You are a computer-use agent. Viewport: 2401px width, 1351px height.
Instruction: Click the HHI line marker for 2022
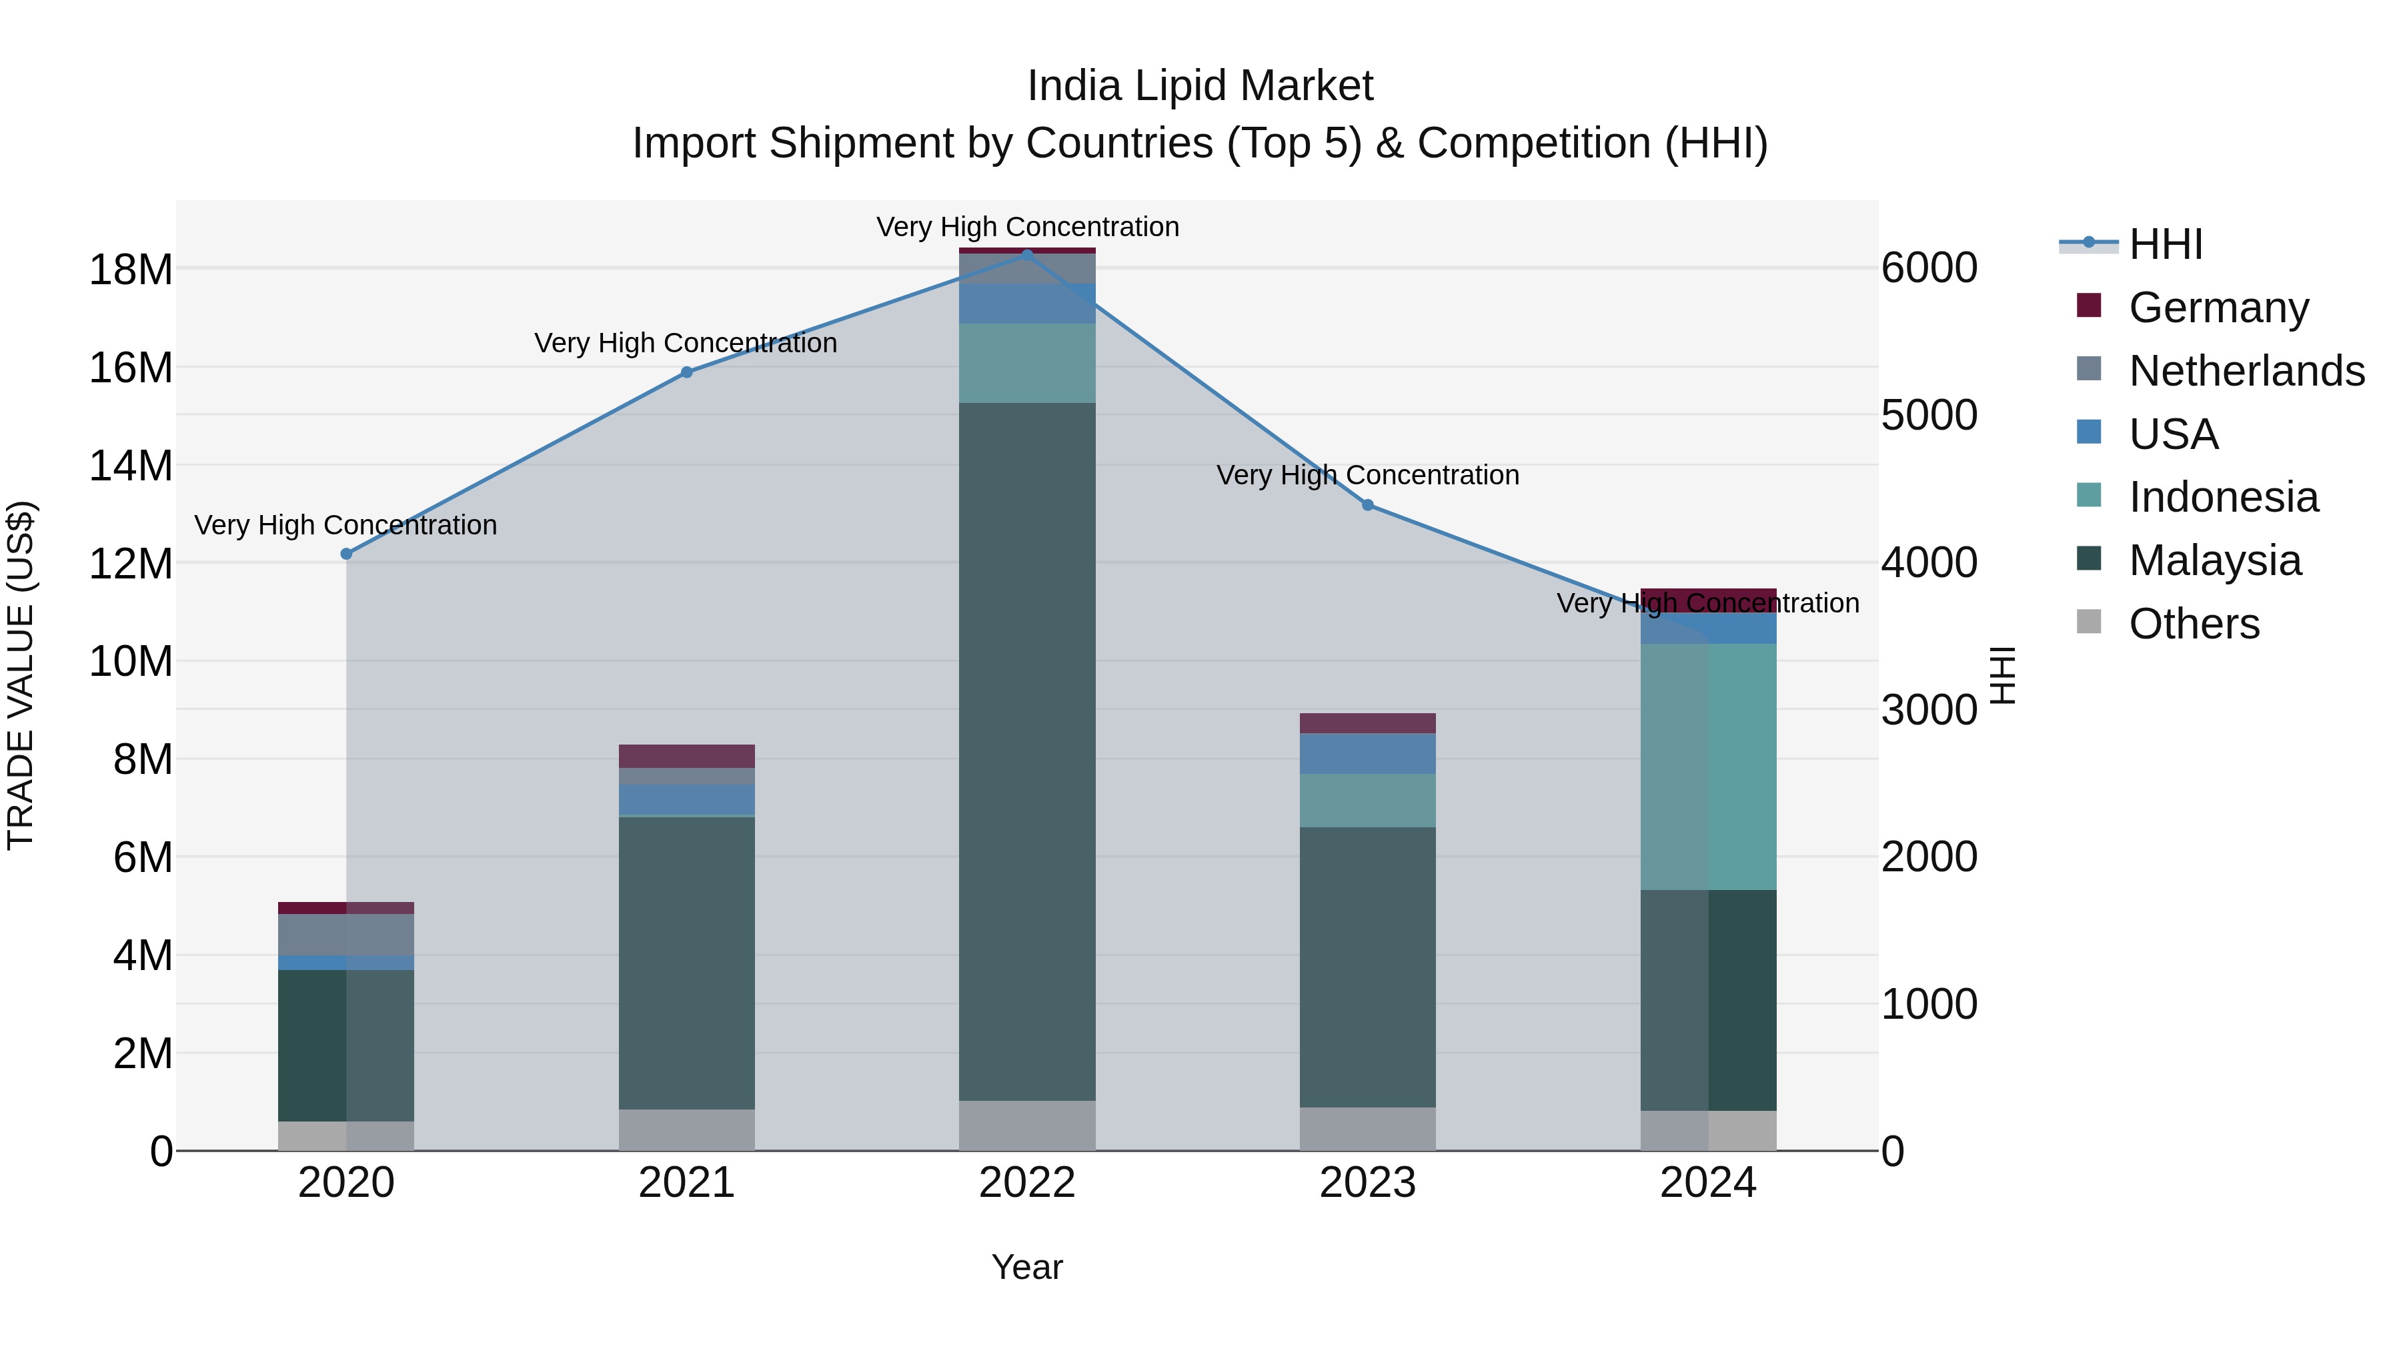pyautogui.click(x=1027, y=255)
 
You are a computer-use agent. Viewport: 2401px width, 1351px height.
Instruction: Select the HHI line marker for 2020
pyautogui.click(x=347, y=554)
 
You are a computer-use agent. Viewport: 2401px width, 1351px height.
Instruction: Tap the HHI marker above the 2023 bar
pyautogui.click(x=1367, y=505)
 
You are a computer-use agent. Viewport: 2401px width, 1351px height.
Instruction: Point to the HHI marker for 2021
pyautogui.click(x=687, y=372)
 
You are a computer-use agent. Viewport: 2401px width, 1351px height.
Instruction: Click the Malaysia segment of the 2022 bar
pyautogui.click(x=1027, y=751)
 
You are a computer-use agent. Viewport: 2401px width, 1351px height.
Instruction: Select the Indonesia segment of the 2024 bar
pyautogui.click(x=1709, y=767)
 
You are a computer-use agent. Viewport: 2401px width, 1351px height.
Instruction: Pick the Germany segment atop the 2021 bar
pyautogui.click(x=687, y=756)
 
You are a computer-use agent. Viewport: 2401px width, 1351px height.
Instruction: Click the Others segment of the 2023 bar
pyautogui.click(x=1367, y=1129)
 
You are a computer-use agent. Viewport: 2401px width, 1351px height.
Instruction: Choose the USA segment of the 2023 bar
pyautogui.click(x=1367, y=753)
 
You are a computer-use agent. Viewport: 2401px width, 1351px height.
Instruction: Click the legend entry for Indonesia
pyautogui.click(x=2223, y=497)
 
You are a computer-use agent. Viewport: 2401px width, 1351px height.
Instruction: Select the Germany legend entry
pyautogui.click(x=2218, y=308)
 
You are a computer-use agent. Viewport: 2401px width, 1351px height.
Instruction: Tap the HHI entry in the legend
pyautogui.click(x=2165, y=244)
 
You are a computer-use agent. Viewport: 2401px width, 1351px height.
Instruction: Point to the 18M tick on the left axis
pyautogui.click(x=131, y=270)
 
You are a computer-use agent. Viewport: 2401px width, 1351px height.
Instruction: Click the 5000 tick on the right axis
pyautogui.click(x=1928, y=416)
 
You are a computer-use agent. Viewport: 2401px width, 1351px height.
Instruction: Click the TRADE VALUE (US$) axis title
pyautogui.click(x=21, y=675)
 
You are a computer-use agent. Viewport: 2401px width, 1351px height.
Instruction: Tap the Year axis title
pyautogui.click(x=1027, y=1267)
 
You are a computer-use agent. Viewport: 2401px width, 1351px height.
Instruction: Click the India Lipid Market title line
pyautogui.click(x=1200, y=86)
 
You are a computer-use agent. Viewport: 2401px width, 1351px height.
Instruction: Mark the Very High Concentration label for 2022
pyautogui.click(x=1027, y=227)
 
